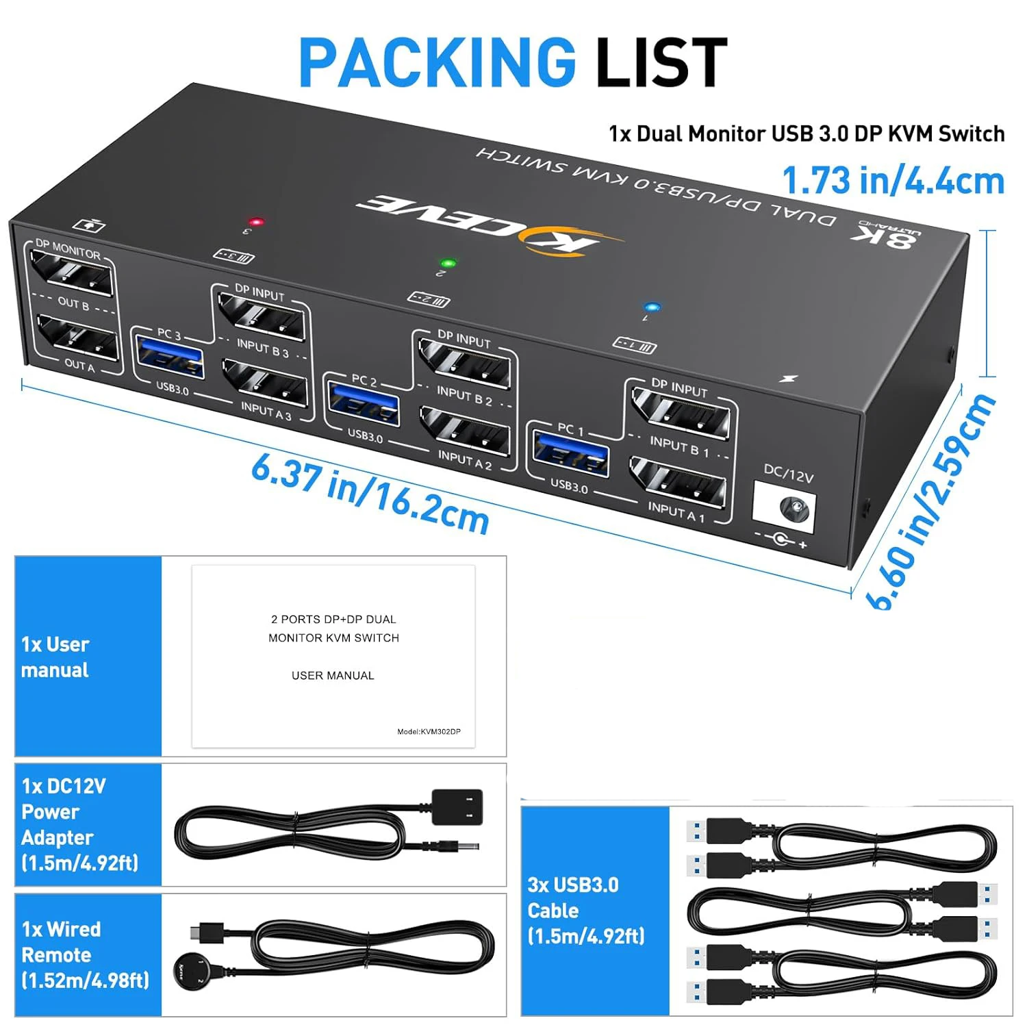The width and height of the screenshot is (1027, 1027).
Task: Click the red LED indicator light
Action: click(257, 222)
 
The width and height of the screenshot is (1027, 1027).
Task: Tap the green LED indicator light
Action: click(448, 263)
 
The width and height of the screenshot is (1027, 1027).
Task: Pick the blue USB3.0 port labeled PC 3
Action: click(169, 355)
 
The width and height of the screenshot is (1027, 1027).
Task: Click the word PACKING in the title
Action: click(437, 62)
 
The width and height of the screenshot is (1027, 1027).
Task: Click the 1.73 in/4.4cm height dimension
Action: click(893, 181)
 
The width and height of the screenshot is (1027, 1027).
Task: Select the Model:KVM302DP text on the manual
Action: click(429, 732)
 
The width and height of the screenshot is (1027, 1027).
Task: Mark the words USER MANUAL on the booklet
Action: click(333, 676)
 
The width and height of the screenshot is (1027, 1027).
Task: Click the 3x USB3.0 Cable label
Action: click(586, 911)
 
